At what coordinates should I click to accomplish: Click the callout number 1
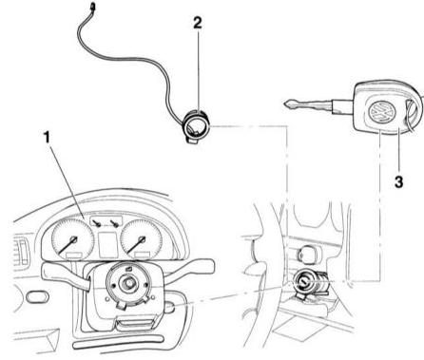(x=48, y=138)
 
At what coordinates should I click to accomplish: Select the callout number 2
(x=198, y=23)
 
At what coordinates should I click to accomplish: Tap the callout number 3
(x=398, y=182)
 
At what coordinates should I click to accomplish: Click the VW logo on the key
(x=382, y=111)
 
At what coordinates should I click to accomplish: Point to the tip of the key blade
(x=284, y=104)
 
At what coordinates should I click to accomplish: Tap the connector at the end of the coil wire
(x=92, y=7)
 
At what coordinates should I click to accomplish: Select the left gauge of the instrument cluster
(x=73, y=238)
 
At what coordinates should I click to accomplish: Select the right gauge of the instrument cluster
(x=141, y=238)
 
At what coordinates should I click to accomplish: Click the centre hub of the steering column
(x=128, y=282)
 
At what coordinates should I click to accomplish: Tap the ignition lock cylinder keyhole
(x=303, y=280)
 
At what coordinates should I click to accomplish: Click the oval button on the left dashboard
(x=37, y=296)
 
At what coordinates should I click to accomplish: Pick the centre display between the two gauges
(x=107, y=245)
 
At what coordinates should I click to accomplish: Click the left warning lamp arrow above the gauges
(x=98, y=223)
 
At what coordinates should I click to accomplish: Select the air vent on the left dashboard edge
(x=23, y=252)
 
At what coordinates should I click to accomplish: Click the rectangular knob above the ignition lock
(x=308, y=254)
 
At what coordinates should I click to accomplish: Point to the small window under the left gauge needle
(x=73, y=256)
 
